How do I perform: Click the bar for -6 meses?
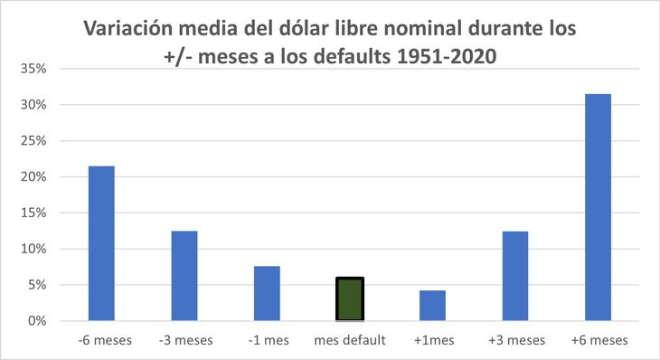pos(101,243)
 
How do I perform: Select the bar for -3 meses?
pos(184,276)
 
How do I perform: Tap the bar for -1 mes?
pos(267,293)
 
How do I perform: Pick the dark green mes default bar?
pos(350,299)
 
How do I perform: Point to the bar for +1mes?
pos(432,305)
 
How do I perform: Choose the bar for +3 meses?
pos(515,276)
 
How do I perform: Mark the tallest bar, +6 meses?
pos(598,207)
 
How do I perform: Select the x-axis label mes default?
pos(350,341)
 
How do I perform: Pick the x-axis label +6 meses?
pos(598,341)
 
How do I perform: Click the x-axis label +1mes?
pos(432,341)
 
